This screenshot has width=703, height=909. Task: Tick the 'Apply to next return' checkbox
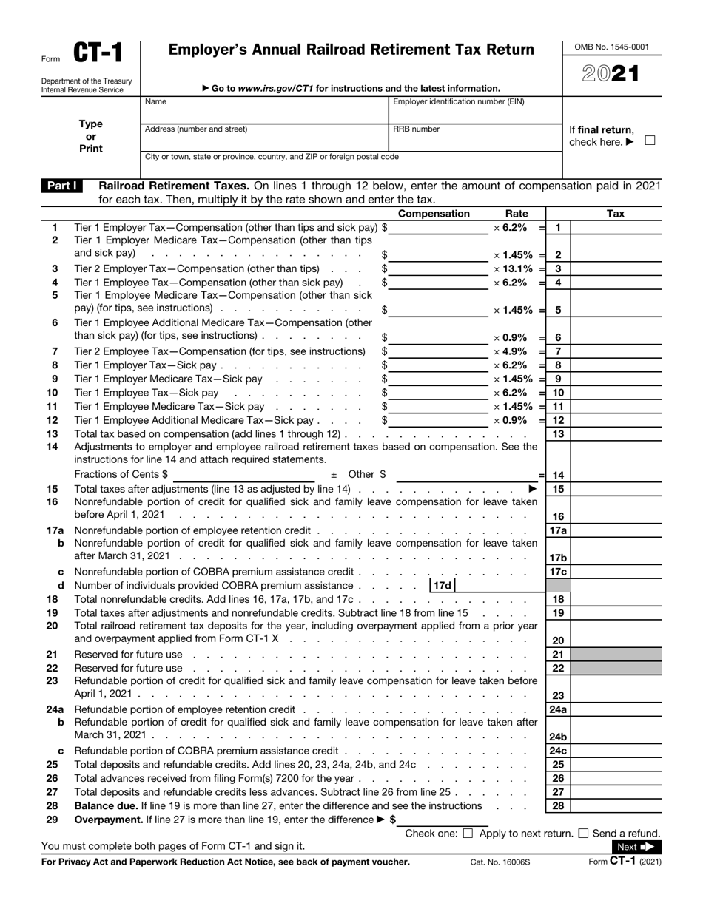467,834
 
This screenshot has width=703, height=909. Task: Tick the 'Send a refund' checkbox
583,834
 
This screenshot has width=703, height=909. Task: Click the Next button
636,847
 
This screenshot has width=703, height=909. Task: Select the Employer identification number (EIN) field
475,112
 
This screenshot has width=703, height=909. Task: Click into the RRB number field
475,140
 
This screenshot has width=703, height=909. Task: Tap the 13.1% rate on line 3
514,268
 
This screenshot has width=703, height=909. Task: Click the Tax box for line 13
616,434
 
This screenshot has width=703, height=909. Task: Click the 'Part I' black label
62,186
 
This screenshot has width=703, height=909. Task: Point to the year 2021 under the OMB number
611,74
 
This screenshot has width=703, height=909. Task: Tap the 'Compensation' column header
434,214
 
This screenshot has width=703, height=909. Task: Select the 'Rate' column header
517,214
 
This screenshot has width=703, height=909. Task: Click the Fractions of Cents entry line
248,475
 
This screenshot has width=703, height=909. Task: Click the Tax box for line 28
616,805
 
